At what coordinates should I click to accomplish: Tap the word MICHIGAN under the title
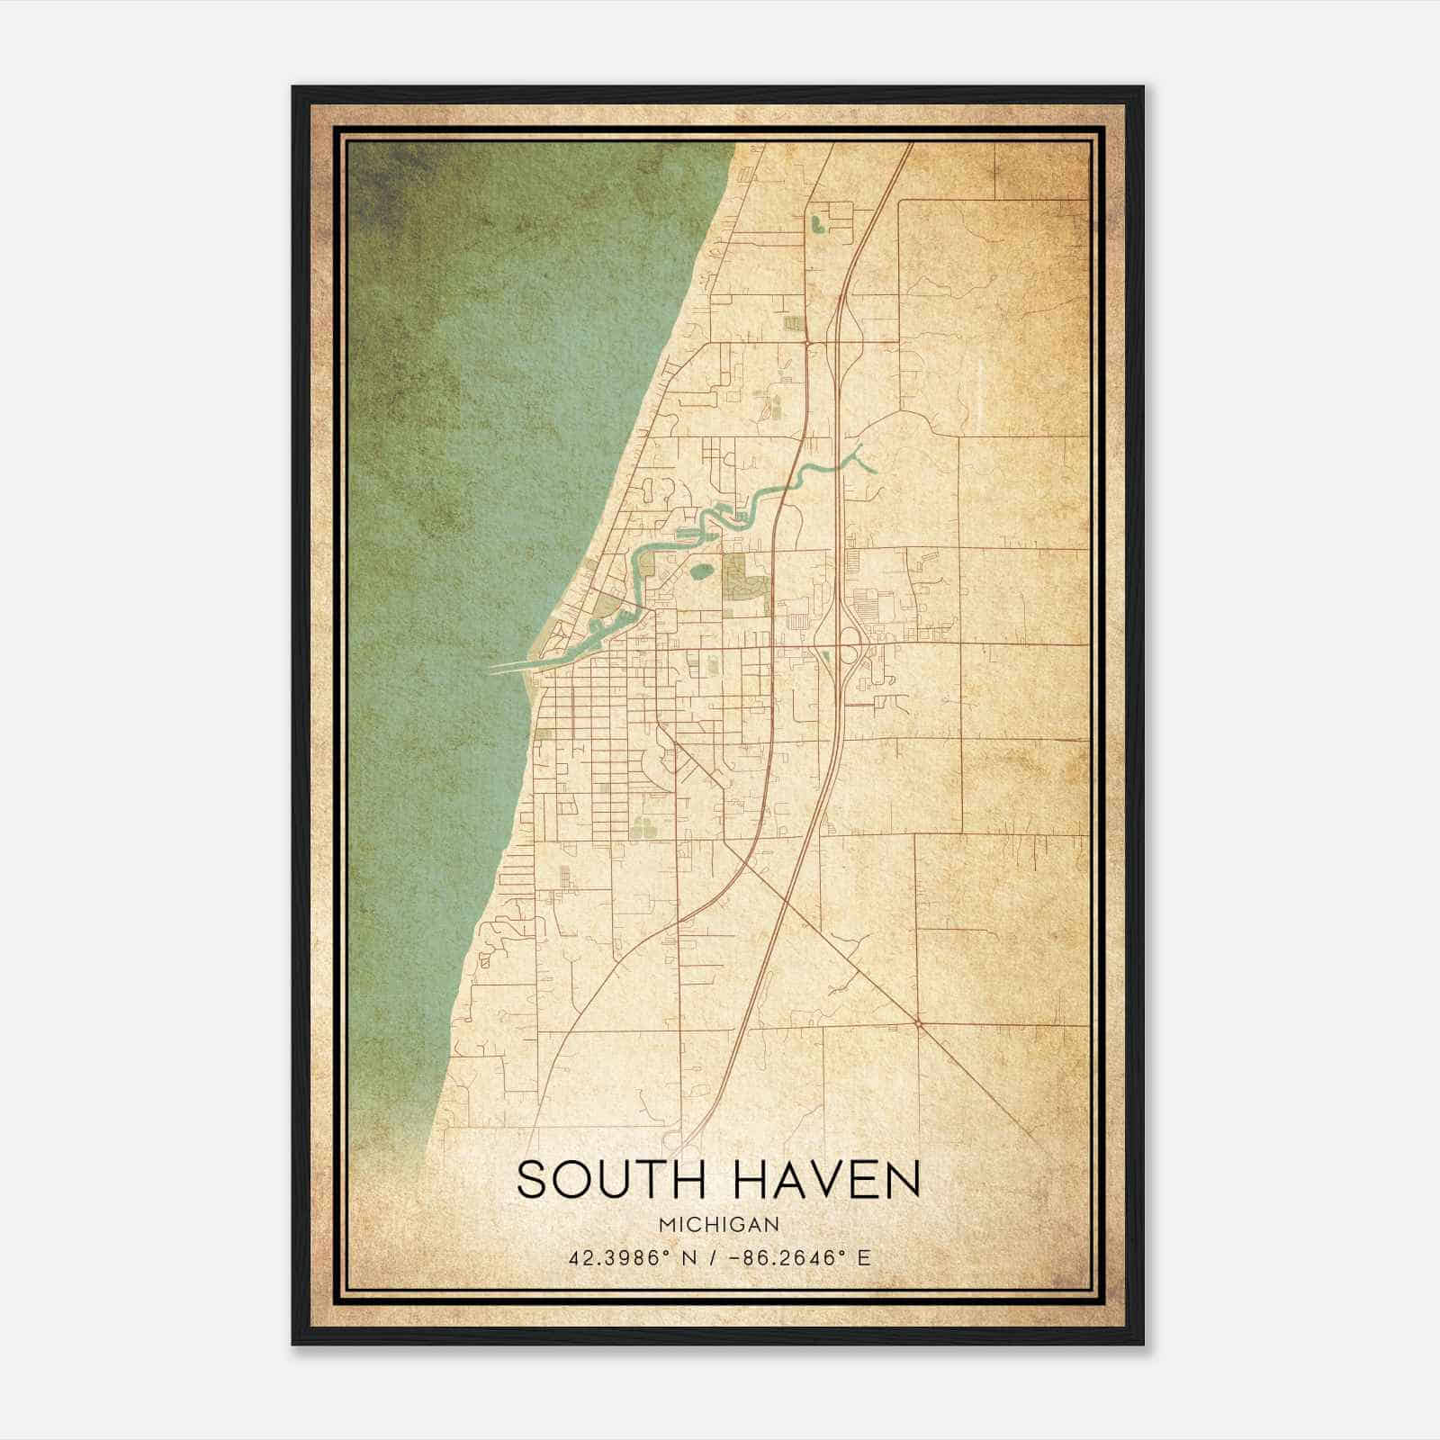718,1225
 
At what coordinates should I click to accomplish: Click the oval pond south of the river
700,570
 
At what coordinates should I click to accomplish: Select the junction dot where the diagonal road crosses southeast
917,1023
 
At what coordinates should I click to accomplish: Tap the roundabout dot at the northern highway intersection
808,342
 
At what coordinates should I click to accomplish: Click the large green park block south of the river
745,577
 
